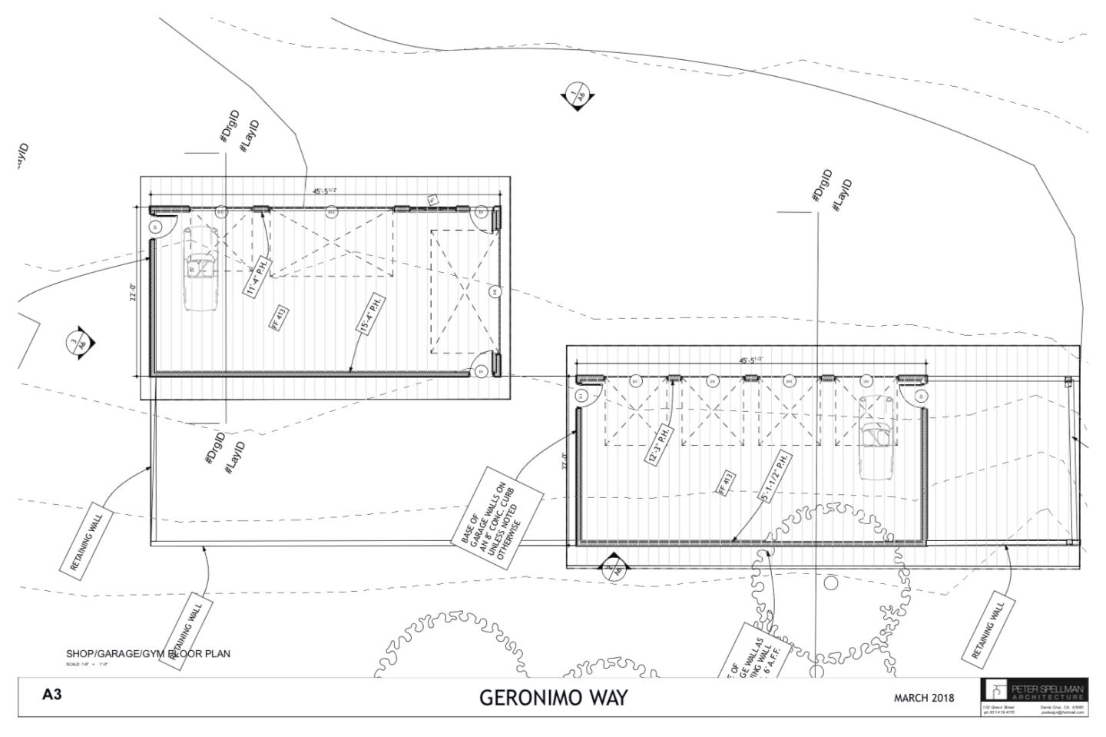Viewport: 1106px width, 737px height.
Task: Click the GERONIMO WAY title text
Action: coord(553,698)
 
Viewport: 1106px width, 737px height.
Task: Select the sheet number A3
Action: coord(51,695)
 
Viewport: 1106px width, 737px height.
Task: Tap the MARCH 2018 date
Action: coord(923,698)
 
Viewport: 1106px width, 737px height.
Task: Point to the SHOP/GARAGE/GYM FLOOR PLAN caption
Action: coord(147,654)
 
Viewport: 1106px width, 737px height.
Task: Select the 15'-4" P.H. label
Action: coord(369,314)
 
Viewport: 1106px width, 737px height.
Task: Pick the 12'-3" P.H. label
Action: coord(658,444)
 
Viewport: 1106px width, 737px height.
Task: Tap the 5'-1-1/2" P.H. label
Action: coord(775,476)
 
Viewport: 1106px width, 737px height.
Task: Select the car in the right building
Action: coord(874,437)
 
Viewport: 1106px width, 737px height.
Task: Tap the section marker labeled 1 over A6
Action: coord(576,95)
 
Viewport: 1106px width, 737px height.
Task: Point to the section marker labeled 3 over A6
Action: coord(80,344)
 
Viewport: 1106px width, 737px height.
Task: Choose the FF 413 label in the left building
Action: coord(279,317)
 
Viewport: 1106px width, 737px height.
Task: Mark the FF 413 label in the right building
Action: coord(726,482)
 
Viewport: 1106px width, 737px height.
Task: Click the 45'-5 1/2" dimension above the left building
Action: coord(324,191)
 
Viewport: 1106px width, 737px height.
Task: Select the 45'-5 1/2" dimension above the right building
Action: coord(750,360)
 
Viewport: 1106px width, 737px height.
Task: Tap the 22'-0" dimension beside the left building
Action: coord(133,292)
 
